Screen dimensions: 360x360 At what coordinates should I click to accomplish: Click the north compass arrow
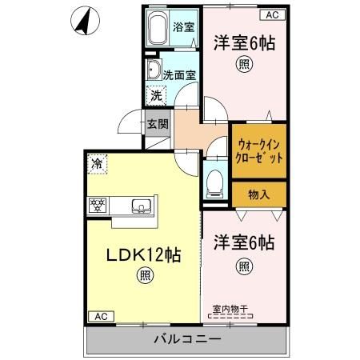tap(84, 22)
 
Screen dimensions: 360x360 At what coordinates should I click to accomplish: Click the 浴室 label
tap(184, 26)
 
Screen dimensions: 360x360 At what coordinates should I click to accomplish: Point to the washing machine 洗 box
tap(157, 94)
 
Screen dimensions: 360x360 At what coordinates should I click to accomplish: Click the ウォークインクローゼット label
tap(260, 150)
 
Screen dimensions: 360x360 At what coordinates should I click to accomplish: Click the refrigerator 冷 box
tap(97, 165)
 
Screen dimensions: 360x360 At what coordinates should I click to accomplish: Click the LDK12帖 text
tap(143, 256)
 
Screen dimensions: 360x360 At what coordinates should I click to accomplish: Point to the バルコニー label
tap(186, 341)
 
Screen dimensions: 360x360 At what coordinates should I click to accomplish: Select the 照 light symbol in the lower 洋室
tap(244, 266)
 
